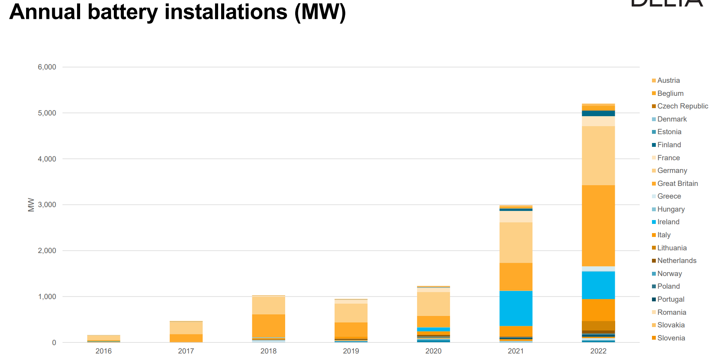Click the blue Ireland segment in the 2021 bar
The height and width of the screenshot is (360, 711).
516,308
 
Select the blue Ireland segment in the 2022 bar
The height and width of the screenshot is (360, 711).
598,285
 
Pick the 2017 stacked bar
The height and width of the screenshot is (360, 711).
186,331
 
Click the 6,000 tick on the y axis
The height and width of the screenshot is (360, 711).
47,67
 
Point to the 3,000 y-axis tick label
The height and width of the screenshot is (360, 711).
47,205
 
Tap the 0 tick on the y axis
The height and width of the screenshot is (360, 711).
54,343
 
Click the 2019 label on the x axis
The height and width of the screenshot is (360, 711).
351,351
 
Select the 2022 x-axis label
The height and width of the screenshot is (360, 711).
598,351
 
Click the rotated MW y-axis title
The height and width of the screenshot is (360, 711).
31,205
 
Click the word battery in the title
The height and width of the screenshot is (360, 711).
123,12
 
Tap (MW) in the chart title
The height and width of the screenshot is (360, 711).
320,12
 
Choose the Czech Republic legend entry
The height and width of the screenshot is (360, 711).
682,106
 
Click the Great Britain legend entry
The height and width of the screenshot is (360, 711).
677,184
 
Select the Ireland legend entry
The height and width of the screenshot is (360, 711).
668,222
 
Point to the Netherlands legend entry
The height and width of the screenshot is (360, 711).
677,261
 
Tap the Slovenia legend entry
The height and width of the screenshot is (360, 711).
671,338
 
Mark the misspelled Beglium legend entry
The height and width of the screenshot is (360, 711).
670,94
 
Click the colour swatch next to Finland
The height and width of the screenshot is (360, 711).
654,145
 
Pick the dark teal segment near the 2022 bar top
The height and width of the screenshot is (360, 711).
598,113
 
